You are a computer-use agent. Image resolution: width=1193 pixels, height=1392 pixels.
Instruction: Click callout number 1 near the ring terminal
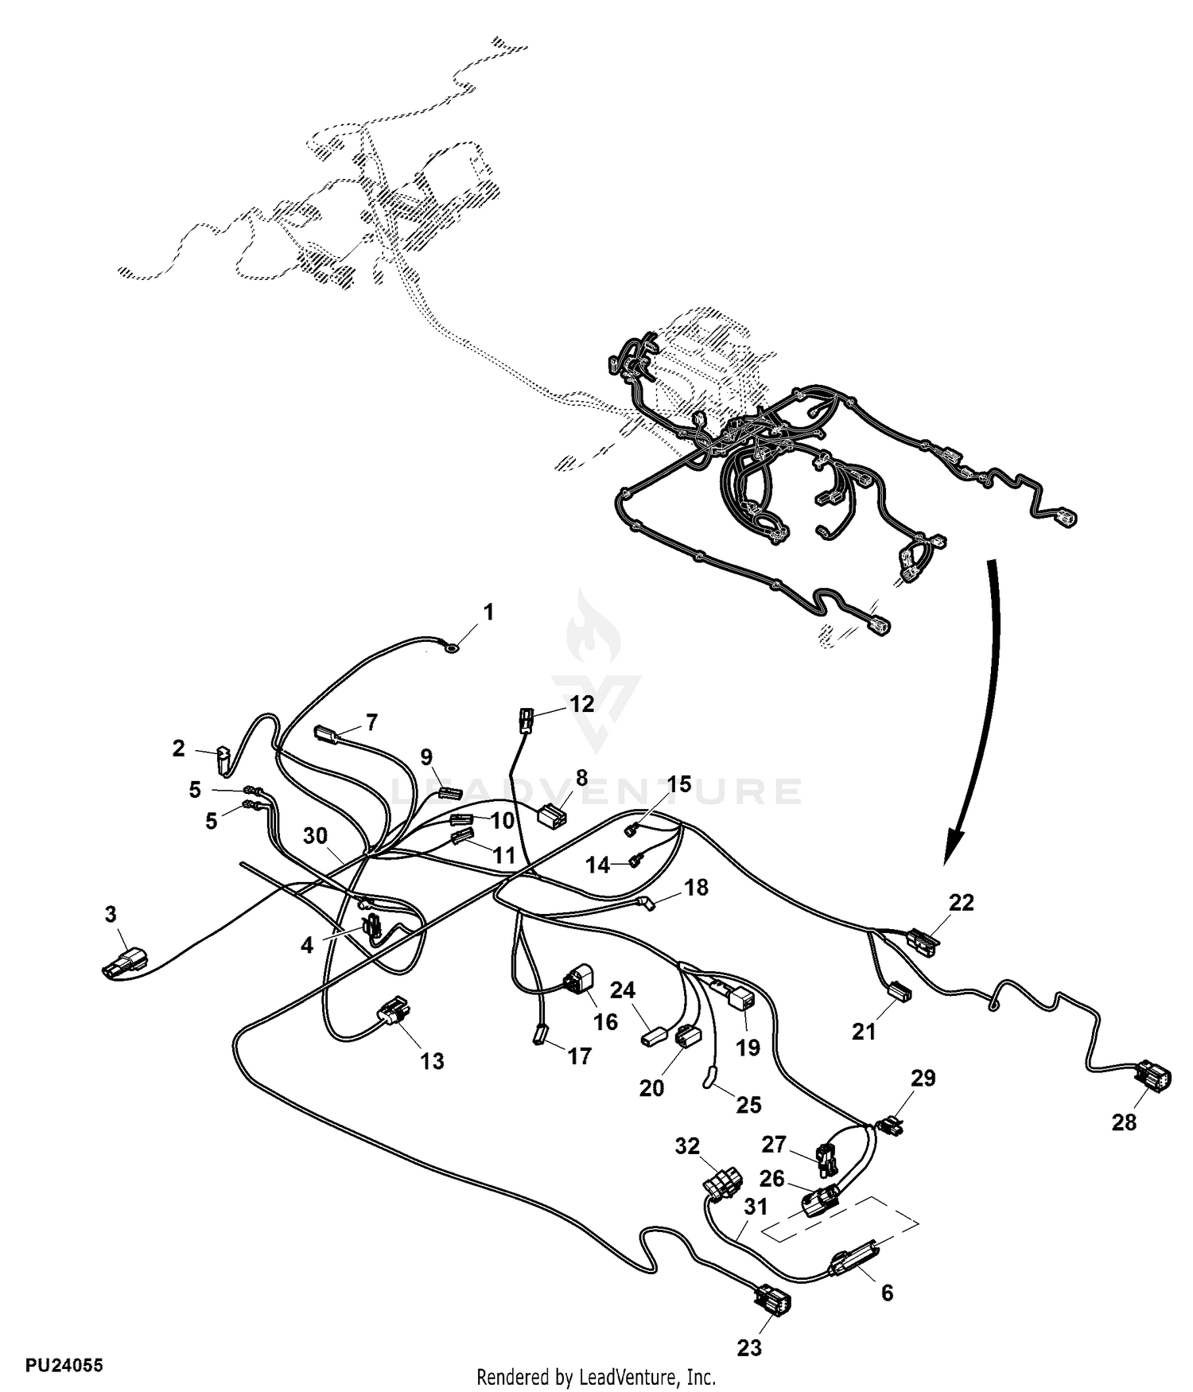coord(488,612)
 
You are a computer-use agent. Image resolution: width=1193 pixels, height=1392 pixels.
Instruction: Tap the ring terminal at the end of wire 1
coord(452,648)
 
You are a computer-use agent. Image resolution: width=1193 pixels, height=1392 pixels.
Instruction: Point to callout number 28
coord(1124,1122)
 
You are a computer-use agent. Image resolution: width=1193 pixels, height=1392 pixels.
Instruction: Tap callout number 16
coord(605,1021)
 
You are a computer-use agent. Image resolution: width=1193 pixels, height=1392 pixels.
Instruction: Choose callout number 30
coord(315,835)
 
